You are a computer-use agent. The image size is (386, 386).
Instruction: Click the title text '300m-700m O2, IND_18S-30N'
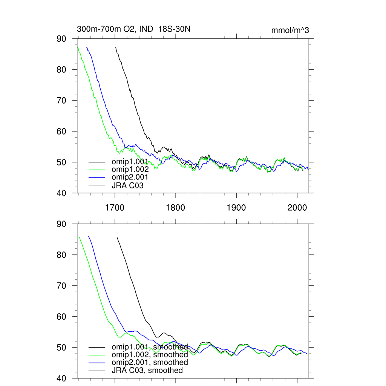[x=136, y=29]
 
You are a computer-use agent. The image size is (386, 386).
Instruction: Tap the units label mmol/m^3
[x=290, y=30]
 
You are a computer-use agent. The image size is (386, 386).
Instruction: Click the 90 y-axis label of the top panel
[x=61, y=39]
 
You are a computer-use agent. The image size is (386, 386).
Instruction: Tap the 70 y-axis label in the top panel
[x=61, y=101]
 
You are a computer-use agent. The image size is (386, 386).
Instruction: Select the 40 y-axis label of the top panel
[x=61, y=193]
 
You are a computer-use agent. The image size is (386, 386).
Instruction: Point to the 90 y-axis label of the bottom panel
[x=61, y=224]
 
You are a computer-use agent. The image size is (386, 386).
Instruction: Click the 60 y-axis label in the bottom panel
[x=61, y=317]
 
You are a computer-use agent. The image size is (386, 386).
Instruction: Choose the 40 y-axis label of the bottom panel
[x=61, y=378]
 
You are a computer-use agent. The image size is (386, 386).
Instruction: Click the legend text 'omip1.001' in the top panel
[x=130, y=162]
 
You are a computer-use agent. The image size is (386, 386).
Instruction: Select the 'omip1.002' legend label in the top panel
[x=130, y=170]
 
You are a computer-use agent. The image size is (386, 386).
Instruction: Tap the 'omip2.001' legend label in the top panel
[x=130, y=177]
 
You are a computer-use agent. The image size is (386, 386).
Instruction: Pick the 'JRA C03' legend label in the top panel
[x=127, y=185]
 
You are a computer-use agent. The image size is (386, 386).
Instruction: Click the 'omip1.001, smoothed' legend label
[x=149, y=347]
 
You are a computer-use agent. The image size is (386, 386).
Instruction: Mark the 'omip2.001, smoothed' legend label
[x=149, y=362]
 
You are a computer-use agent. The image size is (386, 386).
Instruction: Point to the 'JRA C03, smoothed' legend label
[x=147, y=370]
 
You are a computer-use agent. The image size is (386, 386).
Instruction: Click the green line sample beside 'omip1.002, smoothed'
[x=96, y=355]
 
